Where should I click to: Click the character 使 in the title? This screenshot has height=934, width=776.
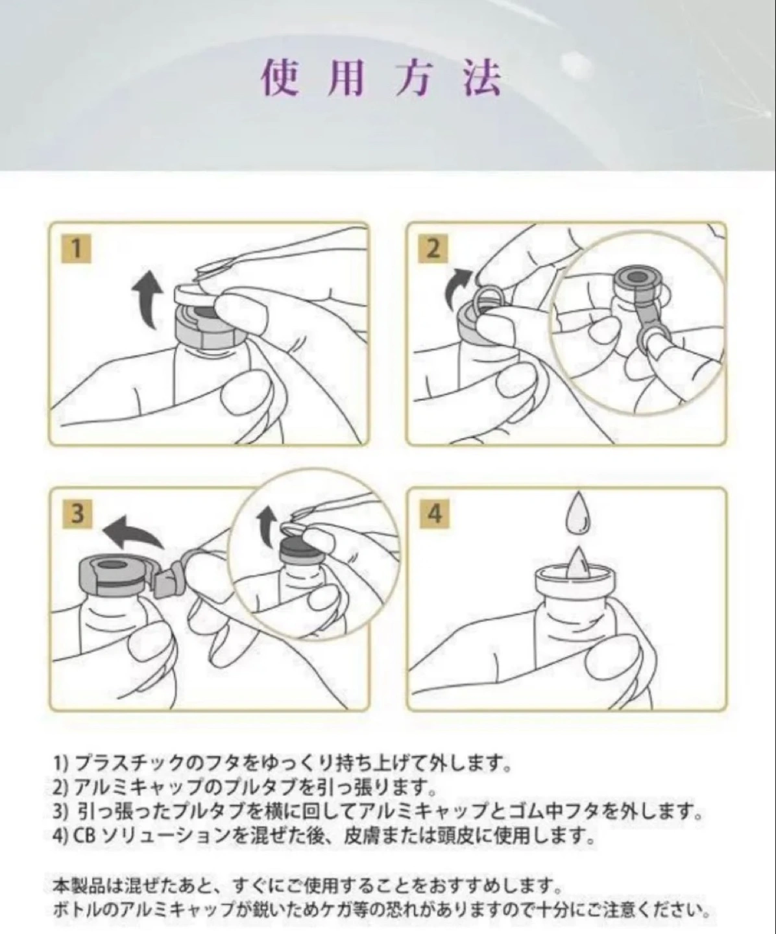tap(280, 78)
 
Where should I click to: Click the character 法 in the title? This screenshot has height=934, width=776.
tap(483, 78)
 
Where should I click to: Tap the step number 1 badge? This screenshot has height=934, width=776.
tap(76, 248)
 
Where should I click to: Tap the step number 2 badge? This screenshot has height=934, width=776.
tap(433, 248)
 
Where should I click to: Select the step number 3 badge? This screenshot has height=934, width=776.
tap(77, 513)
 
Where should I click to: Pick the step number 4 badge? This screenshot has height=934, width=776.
tap(434, 513)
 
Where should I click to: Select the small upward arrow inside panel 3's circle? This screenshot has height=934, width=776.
tap(267, 526)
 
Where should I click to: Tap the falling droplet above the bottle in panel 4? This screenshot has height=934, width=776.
tap(577, 512)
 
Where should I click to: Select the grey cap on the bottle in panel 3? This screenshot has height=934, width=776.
tap(112, 576)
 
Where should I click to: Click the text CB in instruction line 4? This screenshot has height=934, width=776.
tap(85, 835)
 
